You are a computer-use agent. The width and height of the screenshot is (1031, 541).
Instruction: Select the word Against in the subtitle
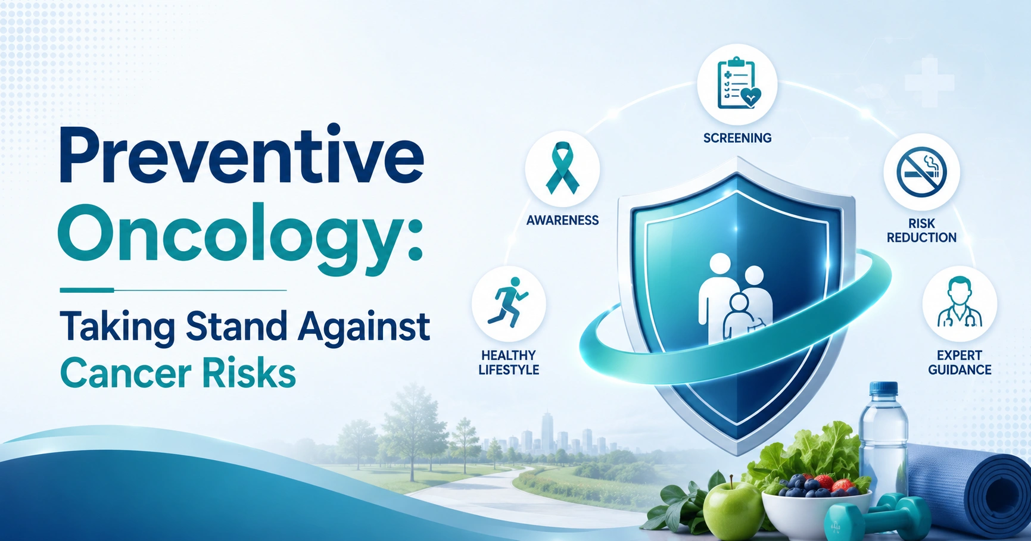(x=364, y=327)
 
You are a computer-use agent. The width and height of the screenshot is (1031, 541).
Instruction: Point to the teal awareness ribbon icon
(x=562, y=168)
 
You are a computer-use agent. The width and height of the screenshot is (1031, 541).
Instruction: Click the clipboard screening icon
(x=737, y=84)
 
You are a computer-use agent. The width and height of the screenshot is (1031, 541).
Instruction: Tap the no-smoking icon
(x=921, y=172)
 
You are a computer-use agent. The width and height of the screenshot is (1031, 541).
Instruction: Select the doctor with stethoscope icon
(x=959, y=302)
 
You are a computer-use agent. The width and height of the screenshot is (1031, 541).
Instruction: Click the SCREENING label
(x=737, y=138)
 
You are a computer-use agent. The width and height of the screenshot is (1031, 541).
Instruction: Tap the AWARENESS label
(x=562, y=220)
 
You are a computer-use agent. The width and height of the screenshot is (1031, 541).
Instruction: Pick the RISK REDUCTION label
(x=921, y=230)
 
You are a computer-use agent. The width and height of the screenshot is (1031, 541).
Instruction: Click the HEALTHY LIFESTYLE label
(x=509, y=362)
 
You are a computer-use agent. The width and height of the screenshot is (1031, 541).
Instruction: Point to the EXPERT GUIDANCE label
(x=960, y=362)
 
